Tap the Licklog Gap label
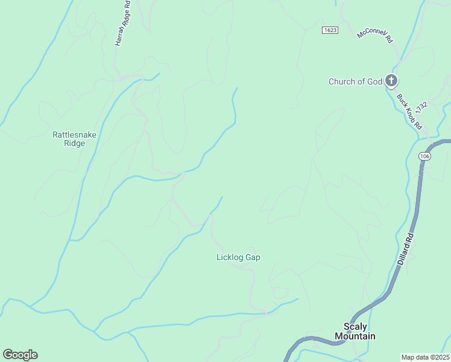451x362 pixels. [238, 257]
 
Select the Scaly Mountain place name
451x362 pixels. [355, 332]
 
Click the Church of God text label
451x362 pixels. [355, 81]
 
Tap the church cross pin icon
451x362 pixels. [391, 80]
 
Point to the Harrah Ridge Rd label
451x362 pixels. [122, 24]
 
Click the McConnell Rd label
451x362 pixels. [375, 35]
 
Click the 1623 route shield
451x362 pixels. [330, 30]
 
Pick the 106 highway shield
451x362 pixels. [424, 156]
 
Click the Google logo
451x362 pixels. [20, 355]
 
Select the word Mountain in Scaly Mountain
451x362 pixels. [355, 336]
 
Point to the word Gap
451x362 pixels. [253, 257]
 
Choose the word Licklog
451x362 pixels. [230, 257]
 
